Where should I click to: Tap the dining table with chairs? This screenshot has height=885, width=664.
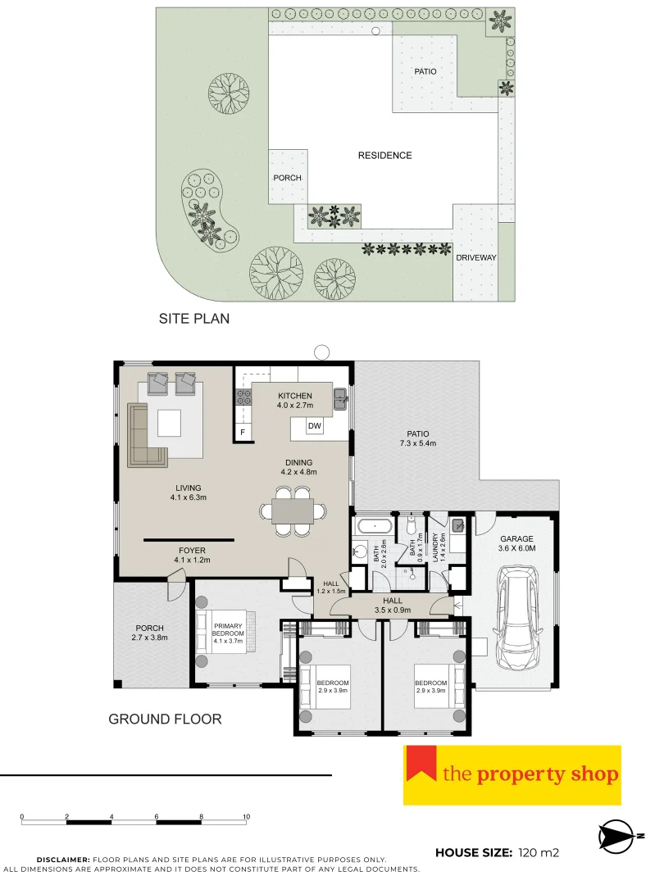pyautogui.click(x=292, y=511)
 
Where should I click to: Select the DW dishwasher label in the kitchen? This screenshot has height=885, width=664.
pyautogui.click(x=315, y=426)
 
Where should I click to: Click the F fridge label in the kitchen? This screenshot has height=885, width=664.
pyautogui.click(x=243, y=432)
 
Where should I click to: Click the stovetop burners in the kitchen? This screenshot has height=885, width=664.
pyautogui.click(x=243, y=397)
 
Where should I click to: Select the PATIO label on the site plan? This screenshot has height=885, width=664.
pyautogui.click(x=425, y=71)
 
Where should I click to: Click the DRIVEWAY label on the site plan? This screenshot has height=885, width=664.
pyautogui.click(x=476, y=257)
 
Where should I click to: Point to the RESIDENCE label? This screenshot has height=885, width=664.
pyautogui.click(x=384, y=155)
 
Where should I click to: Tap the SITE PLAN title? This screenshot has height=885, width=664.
pyautogui.click(x=193, y=319)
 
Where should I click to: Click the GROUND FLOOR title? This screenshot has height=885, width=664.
pyautogui.click(x=165, y=719)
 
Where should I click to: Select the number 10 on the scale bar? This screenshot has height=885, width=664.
pyautogui.click(x=246, y=816)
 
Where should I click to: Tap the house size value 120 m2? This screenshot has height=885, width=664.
pyautogui.click(x=539, y=853)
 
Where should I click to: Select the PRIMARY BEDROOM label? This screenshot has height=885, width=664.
pyautogui.click(x=229, y=633)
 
